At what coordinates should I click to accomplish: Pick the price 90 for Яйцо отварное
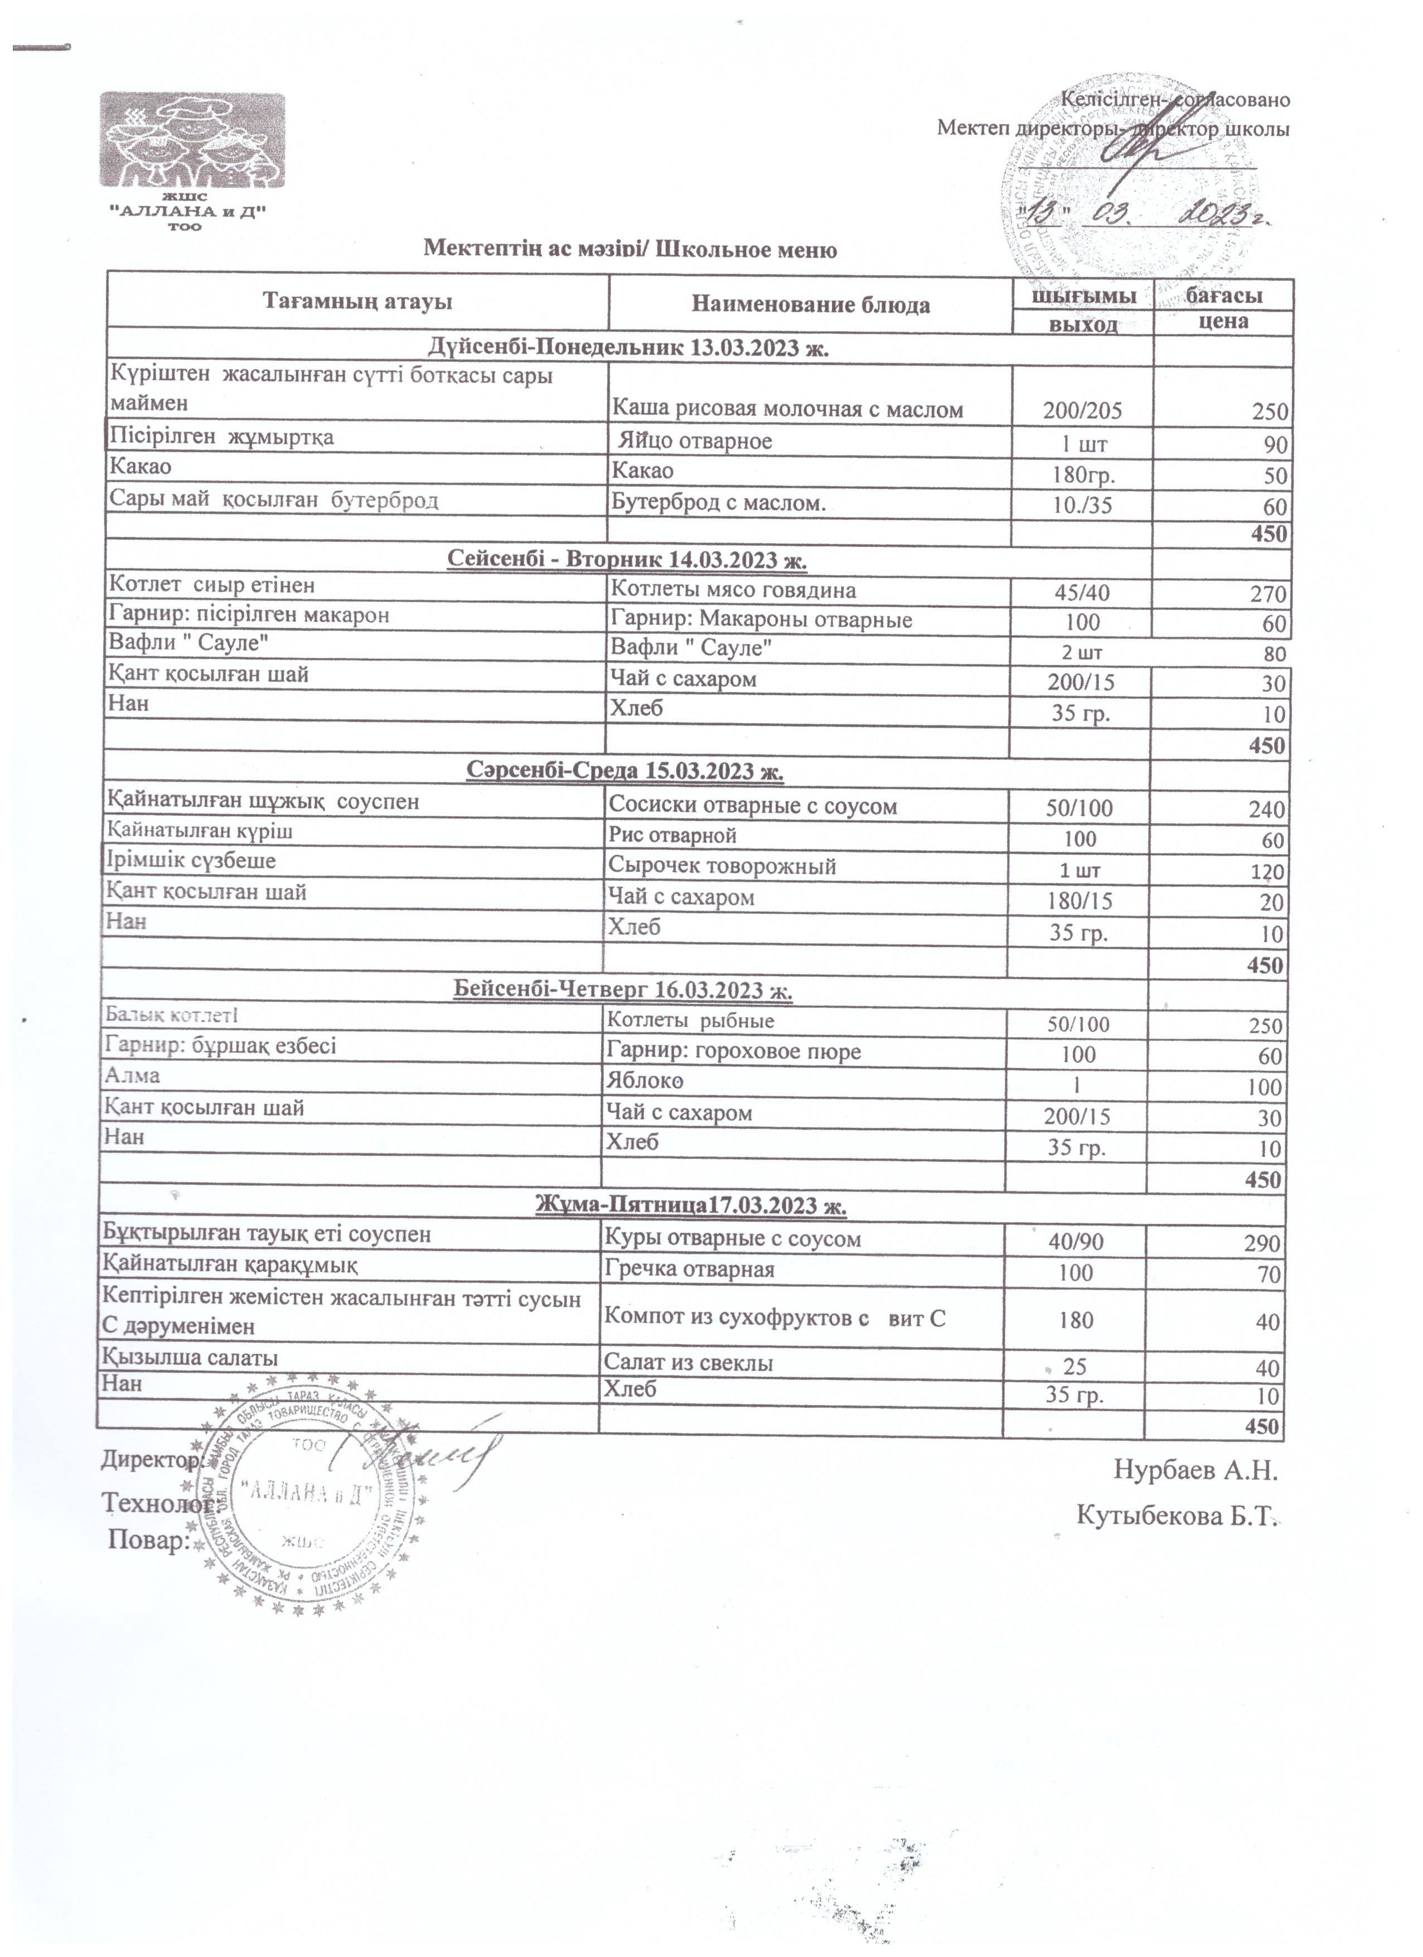coord(1275,445)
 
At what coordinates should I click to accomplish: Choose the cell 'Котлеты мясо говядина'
coord(733,590)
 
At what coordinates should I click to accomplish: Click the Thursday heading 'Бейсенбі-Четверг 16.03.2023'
coord(622,991)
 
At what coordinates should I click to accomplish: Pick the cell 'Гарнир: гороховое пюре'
coord(733,1052)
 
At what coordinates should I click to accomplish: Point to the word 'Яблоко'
coord(647,1082)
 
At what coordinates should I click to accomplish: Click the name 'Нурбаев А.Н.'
coord(1194,1470)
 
